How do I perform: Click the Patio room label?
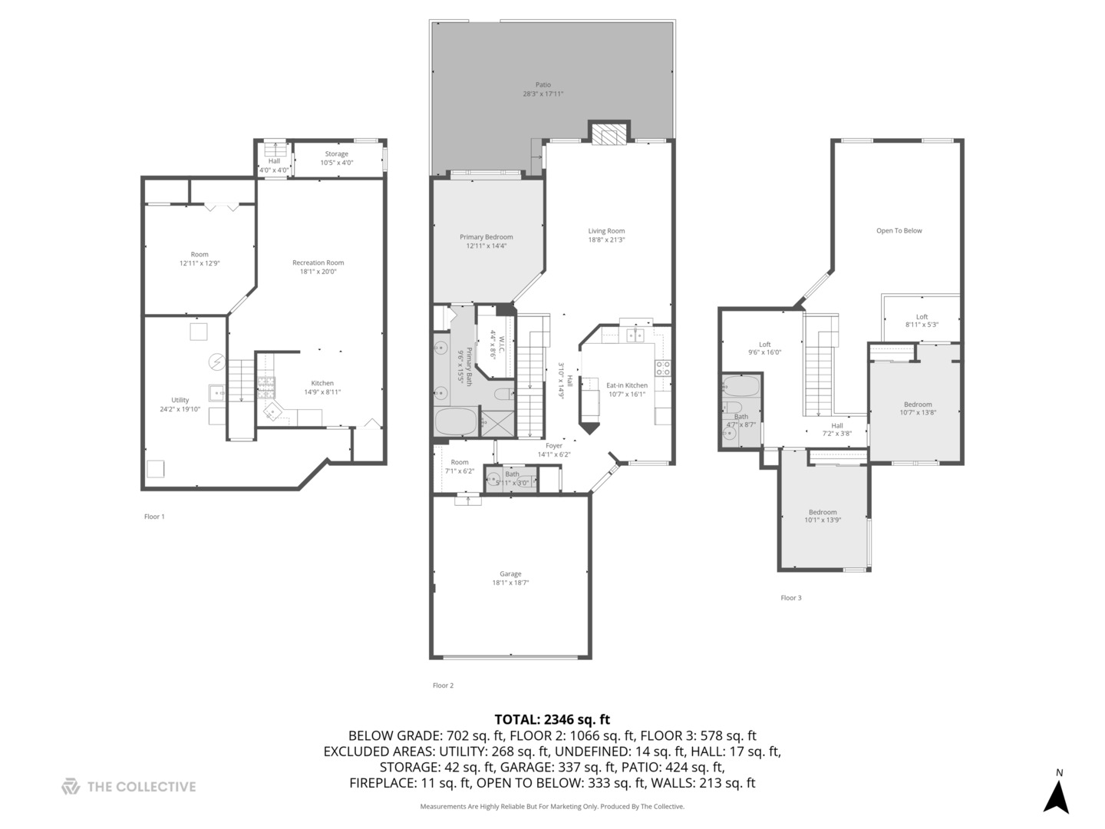543,85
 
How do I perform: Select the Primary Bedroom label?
486,237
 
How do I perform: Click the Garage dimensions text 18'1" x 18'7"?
510,583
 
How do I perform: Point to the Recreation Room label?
318,263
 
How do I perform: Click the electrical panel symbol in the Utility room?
217,361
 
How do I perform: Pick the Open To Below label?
899,230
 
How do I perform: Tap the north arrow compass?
1057,795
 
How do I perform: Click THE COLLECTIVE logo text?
141,787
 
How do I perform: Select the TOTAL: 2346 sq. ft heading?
552,719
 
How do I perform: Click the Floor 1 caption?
154,517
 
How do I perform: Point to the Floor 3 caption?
790,598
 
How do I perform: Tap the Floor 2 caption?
443,685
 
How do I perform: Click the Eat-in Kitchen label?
626,385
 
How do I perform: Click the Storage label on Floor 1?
336,154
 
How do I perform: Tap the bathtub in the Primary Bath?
455,421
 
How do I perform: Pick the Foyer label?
554,445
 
